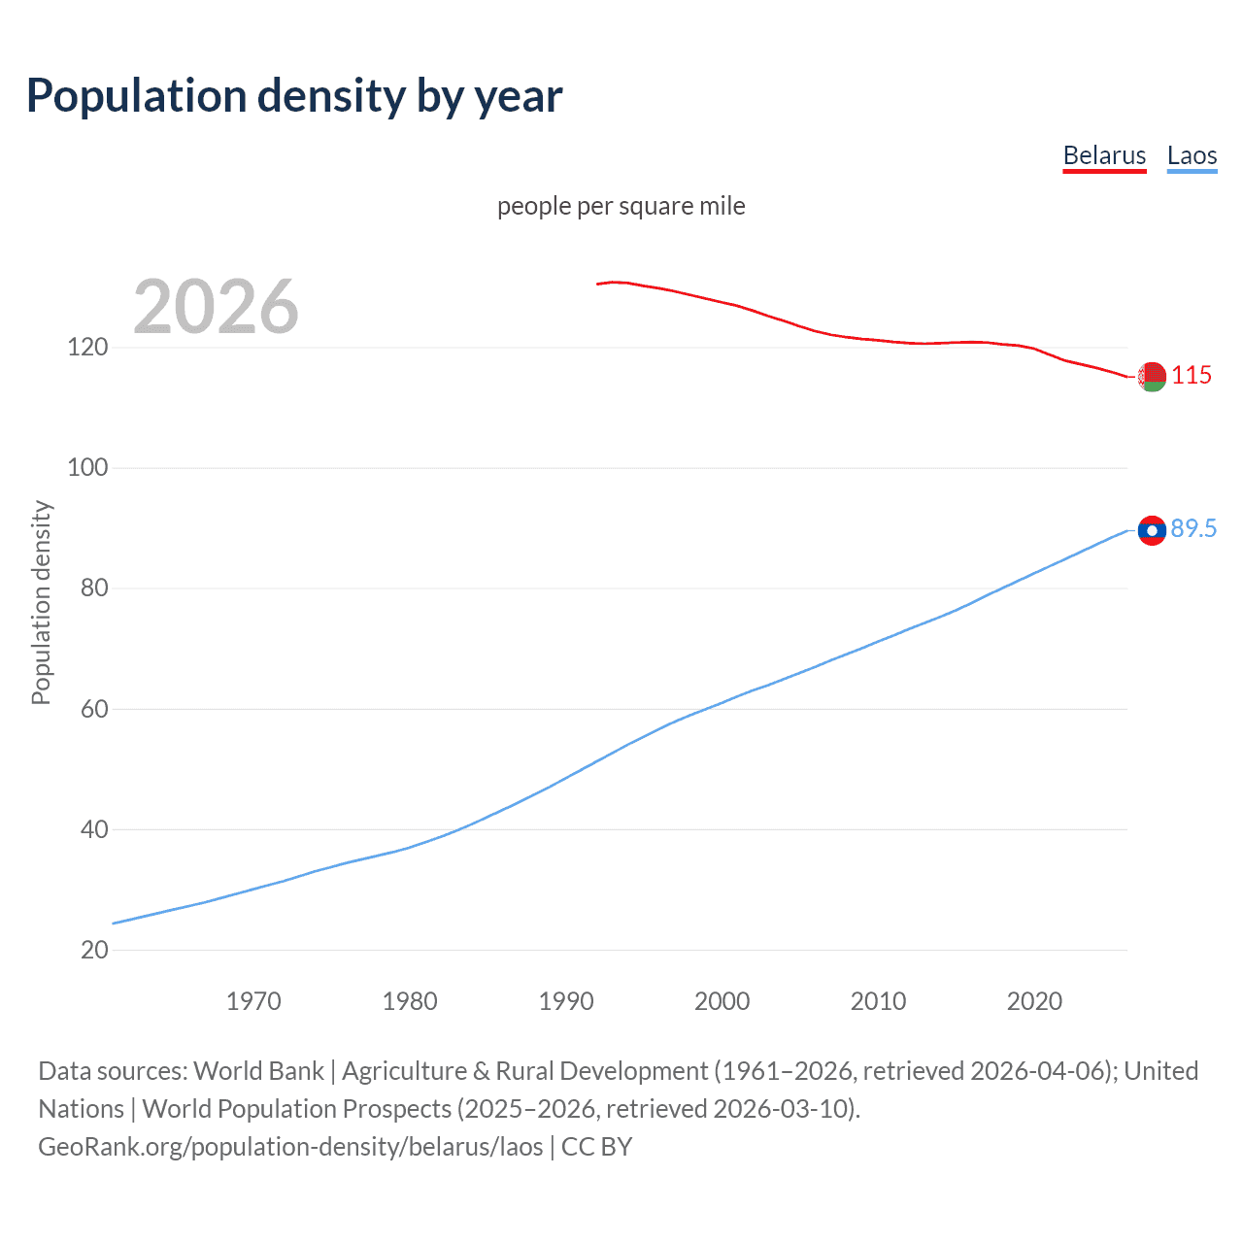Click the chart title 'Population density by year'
click(x=294, y=96)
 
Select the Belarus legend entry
click(x=1104, y=155)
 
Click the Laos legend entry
click(x=1192, y=155)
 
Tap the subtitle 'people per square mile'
click(x=621, y=206)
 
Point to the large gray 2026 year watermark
click(x=216, y=307)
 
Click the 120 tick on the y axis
click(x=87, y=347)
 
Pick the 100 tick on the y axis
click(x=87, y=467)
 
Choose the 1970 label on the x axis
click(x=253, y=1001)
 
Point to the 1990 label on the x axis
click(x=566, y=1001)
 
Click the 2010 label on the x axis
click(x=878, y=1001)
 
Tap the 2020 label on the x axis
click(x=1034, y=1001)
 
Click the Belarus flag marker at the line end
click(x=1152, y=377)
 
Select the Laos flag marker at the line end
click(x=1152, y=530)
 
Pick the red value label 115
click(x=1192, y=375)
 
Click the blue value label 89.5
click(x=1193, y=528)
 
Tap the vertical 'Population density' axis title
click(x=41, y=602)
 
